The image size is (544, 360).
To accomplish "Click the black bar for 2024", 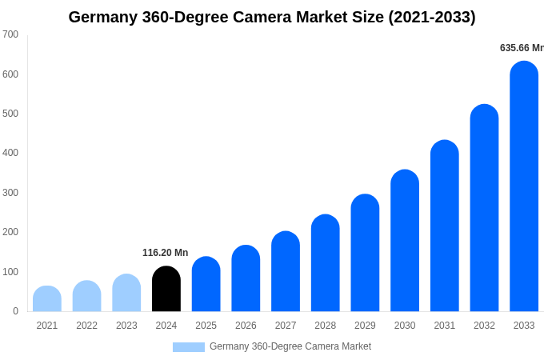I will click(166, 290).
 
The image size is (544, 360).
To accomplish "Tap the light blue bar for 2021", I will click(47, 299).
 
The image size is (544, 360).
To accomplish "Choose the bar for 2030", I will click(405, 241).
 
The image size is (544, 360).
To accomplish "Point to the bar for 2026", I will click(246, 278).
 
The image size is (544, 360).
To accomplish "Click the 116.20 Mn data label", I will click(166, 253).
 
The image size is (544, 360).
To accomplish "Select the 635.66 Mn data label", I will click(521, 48).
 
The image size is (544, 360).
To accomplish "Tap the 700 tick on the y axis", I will click(10, 34).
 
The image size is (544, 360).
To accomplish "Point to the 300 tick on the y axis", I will click(10, 193).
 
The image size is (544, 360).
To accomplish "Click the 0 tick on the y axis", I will click(15, 311).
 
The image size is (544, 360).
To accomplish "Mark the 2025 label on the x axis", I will click(206, 326).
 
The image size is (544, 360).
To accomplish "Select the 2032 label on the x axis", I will click(484, 326).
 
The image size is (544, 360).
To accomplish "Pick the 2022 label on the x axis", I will click(86, 326).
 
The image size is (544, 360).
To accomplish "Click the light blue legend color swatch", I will click(189, 347).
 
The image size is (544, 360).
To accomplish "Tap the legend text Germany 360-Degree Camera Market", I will click(290, 346).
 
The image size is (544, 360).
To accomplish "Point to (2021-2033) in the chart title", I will click(432, 17).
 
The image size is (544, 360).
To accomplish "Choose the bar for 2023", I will click(126, 293).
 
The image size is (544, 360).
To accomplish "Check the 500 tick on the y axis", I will click(10, 114).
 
